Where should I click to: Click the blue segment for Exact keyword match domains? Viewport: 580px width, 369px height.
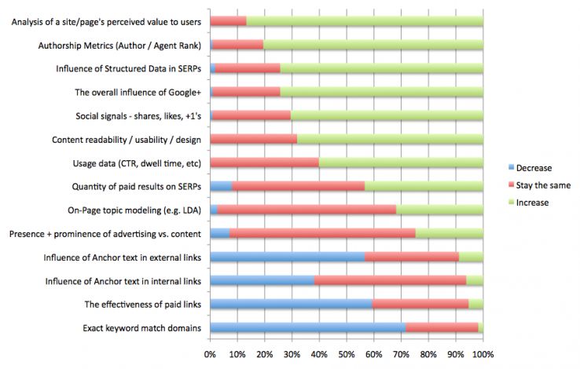(x=307, y=327)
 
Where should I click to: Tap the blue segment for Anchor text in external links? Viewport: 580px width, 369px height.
(x=287, y=257)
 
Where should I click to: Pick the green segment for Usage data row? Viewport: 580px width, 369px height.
(x=401, y=163)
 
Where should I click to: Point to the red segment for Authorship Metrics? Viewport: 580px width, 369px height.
(x=237, y=45)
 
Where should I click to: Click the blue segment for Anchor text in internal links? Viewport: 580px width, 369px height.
(x=262, y=280)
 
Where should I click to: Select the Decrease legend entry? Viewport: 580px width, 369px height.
(x=532, y=168)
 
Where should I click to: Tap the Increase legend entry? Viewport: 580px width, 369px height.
(x=532, y=203)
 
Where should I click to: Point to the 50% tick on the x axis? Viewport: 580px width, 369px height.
(x=347, y=354)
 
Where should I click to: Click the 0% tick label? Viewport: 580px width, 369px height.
(x=210, y=354)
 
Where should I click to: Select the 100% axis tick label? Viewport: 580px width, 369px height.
(x=483, y=354)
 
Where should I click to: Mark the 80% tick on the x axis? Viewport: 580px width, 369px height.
(x=428, y=354)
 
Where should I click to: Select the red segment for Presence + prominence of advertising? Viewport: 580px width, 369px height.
(x=322, y=233)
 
